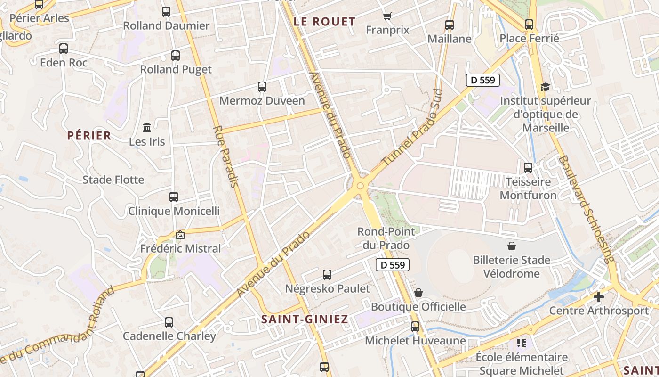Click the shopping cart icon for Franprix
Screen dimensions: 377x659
click(x=387, y=16)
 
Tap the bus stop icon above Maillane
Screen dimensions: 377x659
click(x=450, y=25)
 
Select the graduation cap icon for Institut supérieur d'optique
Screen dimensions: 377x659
click(x=545, y=87)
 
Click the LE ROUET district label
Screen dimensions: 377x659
click(x=324, y=22)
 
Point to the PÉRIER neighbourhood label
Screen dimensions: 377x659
click(x=89, y=136)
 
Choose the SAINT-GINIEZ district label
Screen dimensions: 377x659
click(x=305, y=319)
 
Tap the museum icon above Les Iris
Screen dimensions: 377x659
click(x=147, y=127)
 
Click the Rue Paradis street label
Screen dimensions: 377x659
click(x=225, y=156)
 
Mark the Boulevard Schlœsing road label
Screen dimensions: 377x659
click(x=587, y=209)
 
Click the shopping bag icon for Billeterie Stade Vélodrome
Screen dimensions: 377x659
click(x=512, y=246)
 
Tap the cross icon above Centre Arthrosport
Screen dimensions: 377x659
click(x=598, y=297)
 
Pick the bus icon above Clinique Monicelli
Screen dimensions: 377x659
click(x=174, y=197)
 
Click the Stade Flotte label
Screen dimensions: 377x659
click(x=113, y=180)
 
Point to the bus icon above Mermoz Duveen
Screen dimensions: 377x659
click(x=262, y=87)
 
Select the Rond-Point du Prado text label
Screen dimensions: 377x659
click(x=386, y=238)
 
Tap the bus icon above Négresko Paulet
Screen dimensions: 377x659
click(x=327, y=274)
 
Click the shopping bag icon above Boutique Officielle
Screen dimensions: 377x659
click(x=418, y=293)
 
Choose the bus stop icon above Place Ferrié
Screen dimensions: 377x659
click(x=529, y=25)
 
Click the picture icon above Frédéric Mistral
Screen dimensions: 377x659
click(x=180, y=235)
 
